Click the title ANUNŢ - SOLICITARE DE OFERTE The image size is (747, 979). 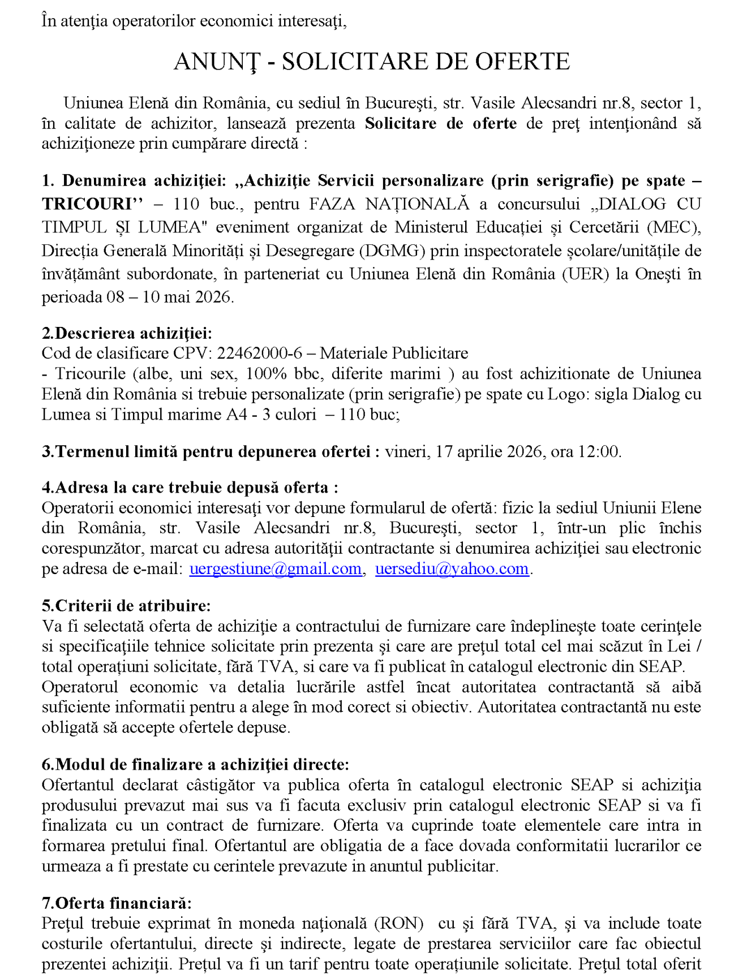click(371, 62)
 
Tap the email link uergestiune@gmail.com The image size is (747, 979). click(275, 568)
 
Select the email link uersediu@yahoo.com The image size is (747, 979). click(452, 568)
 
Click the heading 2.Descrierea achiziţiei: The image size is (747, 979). click(127, 333)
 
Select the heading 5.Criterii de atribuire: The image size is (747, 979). click(126, 605)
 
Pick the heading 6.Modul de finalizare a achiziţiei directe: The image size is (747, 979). click(195, 764)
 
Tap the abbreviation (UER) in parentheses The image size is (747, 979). click(585, 274)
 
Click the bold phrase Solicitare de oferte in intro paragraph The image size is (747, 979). click(440, 123)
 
